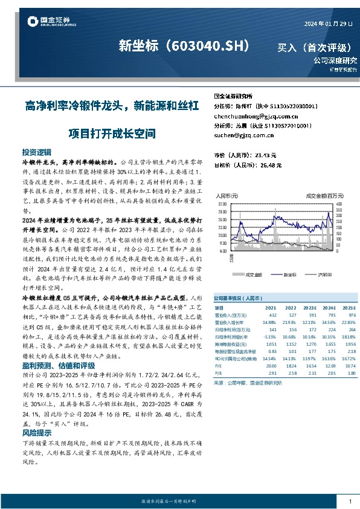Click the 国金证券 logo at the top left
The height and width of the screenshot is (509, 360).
(x=51, y=23)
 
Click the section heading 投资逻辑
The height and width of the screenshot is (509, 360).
(x=37, y=152)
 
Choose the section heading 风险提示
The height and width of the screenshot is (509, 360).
(x=37, y=433)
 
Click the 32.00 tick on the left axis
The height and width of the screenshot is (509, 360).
(x=222, y=203)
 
